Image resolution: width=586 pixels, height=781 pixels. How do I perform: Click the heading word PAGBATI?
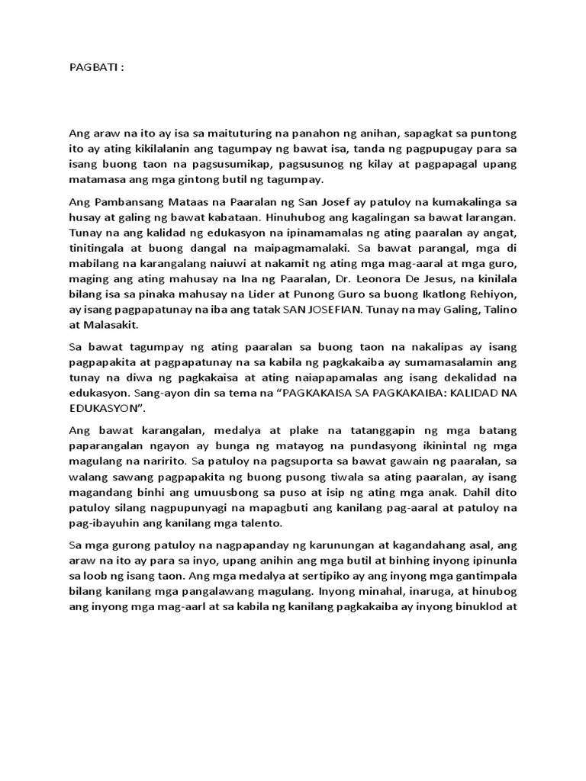91,67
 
